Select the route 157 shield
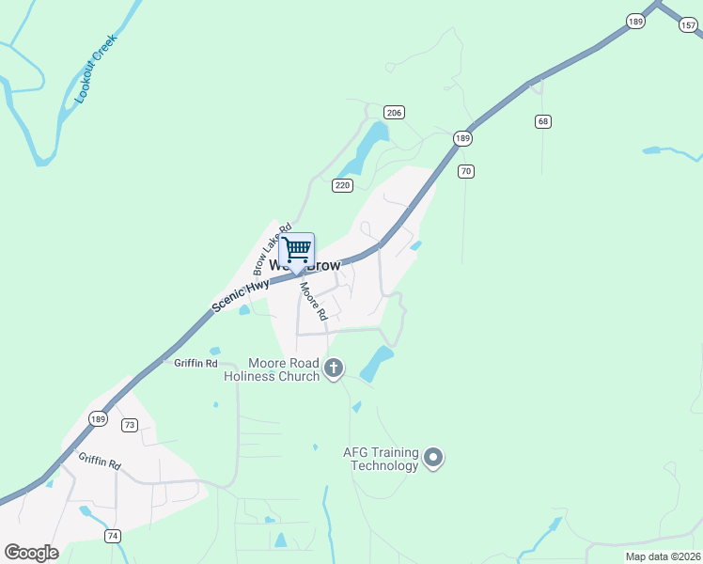point(689,25)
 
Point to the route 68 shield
point(542,121)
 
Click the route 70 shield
point(465,171)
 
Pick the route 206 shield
point(394,113)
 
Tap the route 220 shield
point(342,186)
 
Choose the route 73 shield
point(130,425)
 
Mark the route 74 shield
point(113,536)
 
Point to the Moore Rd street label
point(313,301)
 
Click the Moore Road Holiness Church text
point(272,369)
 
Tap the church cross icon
point(334,369)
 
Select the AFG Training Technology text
point(380,459)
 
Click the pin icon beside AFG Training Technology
point(433,459)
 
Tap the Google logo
point(31,553)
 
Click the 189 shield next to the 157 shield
point(636,21)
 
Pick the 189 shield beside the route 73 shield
point(98,418)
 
